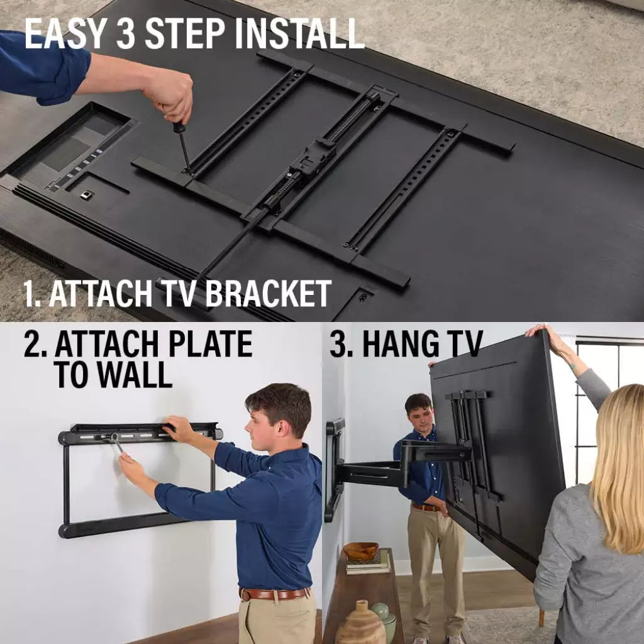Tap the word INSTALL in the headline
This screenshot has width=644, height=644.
coord(300,34)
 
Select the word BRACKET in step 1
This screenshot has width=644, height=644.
coord(268,293)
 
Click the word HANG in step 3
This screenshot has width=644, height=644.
coord(395,343)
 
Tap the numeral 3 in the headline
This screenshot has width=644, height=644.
coord(126,34)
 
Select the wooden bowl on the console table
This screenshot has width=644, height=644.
coord(360,551)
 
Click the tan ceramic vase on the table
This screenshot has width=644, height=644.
coord(360,623)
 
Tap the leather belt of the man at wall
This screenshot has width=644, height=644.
coord(274,594)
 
